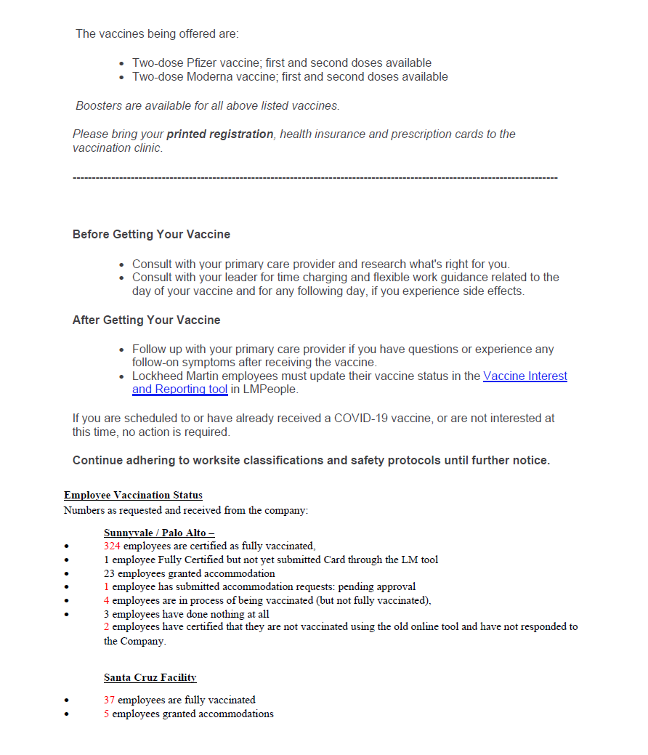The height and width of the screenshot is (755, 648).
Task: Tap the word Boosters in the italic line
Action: (x=99, y=106)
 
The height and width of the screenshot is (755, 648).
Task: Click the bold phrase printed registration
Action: (x=220, y=134)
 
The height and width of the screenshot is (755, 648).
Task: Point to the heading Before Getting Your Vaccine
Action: (x=151, y=235)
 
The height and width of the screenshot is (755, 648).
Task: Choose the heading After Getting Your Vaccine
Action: (x=146, y=320)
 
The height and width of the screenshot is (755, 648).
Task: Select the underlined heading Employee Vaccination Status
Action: (x=133, y=496)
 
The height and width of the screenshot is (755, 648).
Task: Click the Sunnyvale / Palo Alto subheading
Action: (x=158, y=533)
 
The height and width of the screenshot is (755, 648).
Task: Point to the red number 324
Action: (x=112, y=546)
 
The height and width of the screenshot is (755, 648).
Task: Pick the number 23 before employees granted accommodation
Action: (x=110, y=573)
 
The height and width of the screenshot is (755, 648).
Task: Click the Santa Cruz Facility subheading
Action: (x=150, y=678)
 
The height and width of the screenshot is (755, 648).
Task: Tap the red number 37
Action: (x=109, y=701)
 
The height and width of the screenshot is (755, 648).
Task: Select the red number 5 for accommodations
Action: (x=107, y=714)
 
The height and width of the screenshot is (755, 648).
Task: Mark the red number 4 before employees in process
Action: (x=107, y=600)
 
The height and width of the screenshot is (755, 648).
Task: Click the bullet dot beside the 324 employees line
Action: (x=67, y=546)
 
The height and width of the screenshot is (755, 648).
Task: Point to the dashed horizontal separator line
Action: (x=315, y=178)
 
